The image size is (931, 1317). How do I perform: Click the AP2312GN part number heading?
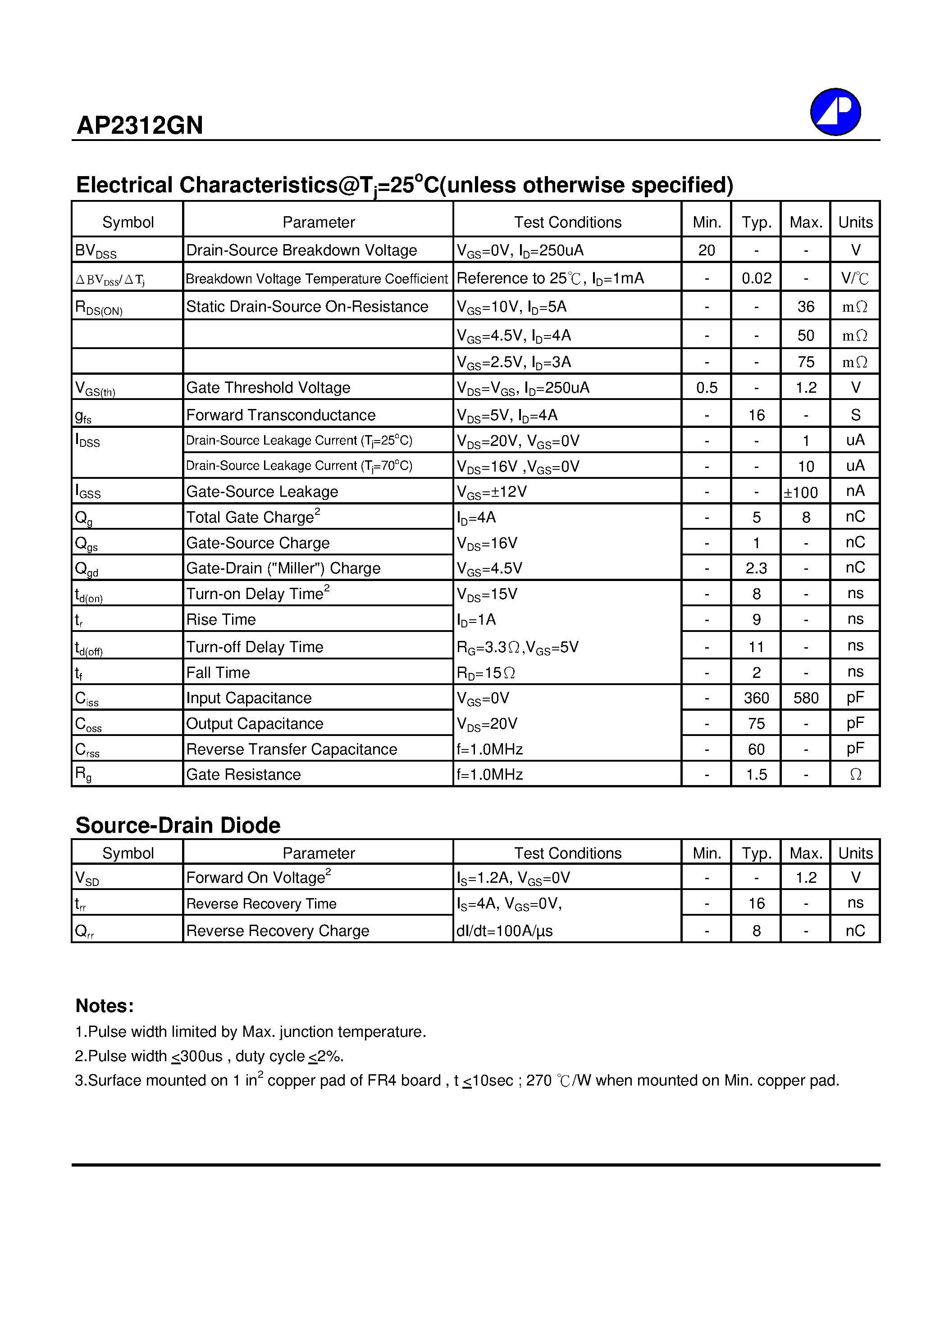click(140, 125)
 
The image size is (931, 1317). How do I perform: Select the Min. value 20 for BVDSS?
click(706, 250)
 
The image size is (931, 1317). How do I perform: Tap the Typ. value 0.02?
click(756, 278)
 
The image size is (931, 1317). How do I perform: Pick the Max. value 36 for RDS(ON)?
click(805, 306)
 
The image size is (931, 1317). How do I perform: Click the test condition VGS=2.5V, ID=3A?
click(514, 362)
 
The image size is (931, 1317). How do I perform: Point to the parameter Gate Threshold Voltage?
click(268, 388)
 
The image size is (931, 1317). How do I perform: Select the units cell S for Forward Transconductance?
click(855, 415)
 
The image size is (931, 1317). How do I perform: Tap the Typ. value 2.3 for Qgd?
click(756, 568)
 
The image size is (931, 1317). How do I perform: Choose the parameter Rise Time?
click(221, 619)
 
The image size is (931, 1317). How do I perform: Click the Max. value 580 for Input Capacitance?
click(805, 698)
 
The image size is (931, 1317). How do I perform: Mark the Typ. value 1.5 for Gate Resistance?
click(756, 774)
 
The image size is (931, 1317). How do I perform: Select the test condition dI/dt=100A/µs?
click(505, 931)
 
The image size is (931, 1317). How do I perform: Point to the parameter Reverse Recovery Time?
click(261, 904)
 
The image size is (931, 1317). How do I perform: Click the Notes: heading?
click(105, 1005)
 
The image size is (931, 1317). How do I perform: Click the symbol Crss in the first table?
click(87, 749)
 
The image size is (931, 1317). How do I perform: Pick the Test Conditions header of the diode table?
click(567, 853)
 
